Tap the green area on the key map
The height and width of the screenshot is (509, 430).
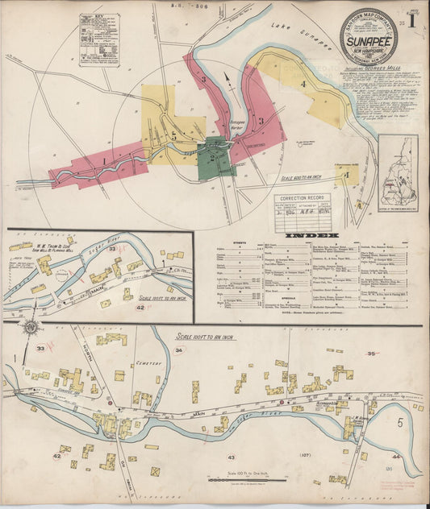click(x=216, y=154)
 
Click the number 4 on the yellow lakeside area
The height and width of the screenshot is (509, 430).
click(x=303, y=84)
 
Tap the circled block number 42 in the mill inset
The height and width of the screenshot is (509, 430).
click(x=140, y=308)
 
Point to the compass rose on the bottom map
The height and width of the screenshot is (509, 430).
click(x=31, y=329)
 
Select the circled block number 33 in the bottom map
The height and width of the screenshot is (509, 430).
click(x=40, y=349)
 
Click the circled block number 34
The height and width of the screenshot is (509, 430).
click(x=179, y=350)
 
